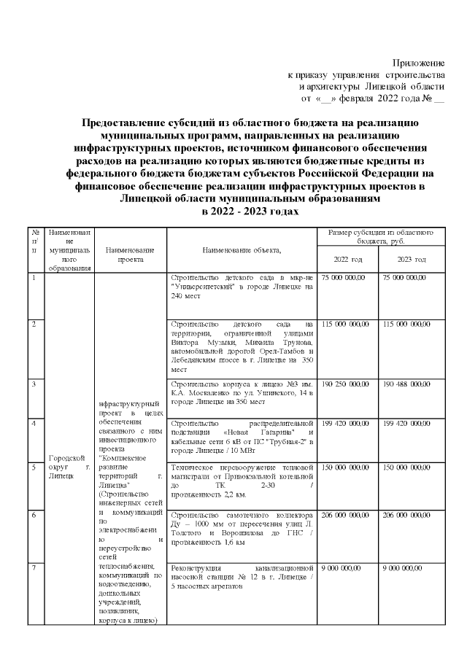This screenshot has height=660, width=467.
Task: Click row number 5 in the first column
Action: coord(34,467)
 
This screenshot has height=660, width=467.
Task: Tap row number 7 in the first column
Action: coord(34,567)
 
